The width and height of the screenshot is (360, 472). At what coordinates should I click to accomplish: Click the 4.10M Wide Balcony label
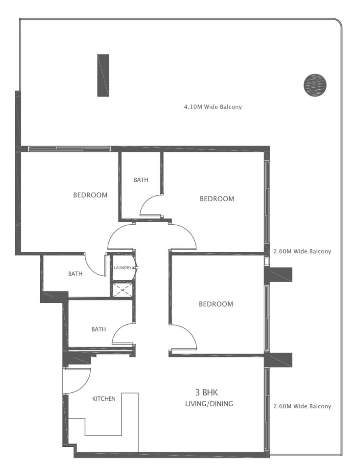click(x=212, y=107)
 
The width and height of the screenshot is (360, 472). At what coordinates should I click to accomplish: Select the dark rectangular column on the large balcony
click(x=103, y=75)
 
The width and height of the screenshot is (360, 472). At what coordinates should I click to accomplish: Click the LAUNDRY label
click(x=122, y=267)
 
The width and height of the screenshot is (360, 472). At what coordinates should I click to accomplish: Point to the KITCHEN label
click(x=104, y=399)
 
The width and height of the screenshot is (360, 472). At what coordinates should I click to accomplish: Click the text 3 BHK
click(x=208, y=392)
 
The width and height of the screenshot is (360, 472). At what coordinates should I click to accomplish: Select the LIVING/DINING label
click(x=209, y=404)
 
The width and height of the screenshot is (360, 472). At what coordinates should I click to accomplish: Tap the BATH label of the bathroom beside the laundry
click(x=75, y=274)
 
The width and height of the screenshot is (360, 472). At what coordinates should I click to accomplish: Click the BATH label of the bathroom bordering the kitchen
click(x=99, y=329)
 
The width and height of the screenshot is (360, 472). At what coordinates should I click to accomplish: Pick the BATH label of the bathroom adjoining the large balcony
click(x=141, y=180)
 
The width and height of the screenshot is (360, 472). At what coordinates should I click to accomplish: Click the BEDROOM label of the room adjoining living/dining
click(x=216, y=304)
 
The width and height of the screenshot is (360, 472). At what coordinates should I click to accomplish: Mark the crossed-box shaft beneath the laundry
click(x=122, y=289)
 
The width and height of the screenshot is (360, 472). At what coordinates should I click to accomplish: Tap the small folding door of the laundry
click(x=136, y=268)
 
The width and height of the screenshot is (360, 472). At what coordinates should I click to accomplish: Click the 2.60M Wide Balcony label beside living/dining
click(x=302, y=406)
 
